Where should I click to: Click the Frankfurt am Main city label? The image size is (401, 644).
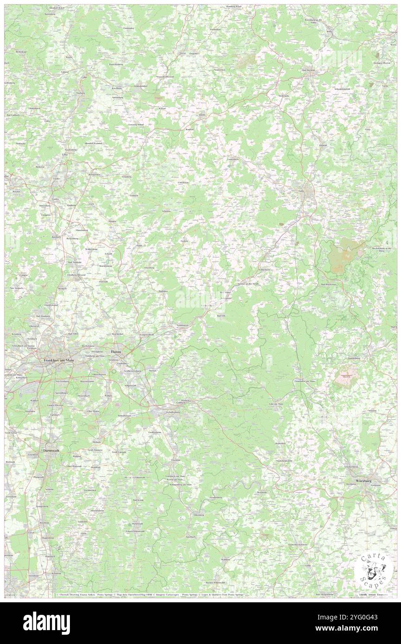coord(59,360)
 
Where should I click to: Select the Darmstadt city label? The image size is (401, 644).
coord(51,449)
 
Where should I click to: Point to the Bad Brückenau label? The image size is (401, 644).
coord(328,284)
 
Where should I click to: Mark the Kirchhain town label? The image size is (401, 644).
coord(117,88)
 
